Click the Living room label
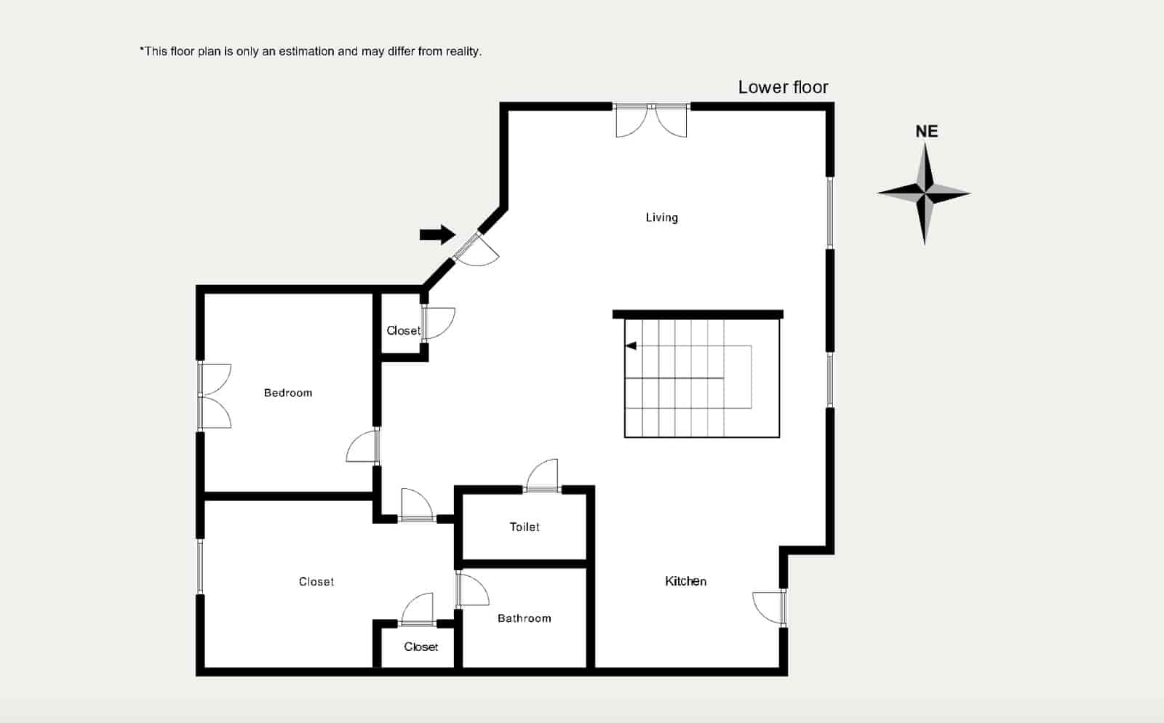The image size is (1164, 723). pyautogui.click(x=661, y=217)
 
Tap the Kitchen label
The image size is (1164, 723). pyautogui.click(x=685, y=581)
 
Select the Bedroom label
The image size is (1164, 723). pyautogui.click(x=288, y=394)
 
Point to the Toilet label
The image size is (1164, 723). pyautogui.click(x=525, y=527)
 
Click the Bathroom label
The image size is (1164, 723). pyautogui.click(x=525, y=618)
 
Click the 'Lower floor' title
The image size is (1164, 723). pyautogui.click(x=783, y=87)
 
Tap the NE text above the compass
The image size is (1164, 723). pyautogui.click(x=927, y=132)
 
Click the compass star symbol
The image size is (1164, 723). pyautogui.click(x=925, y=193)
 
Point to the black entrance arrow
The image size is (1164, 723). pyautogui.click(x=437, y=235)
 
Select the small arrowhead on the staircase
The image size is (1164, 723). pyautogui.click(x=631, y=346)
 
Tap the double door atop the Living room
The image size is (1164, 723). pyautogui.click(x=651, y=120)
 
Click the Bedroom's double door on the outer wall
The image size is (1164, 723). pyautogui.click(x=215, y=396)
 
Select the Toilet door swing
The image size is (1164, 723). pyautogui.click(x=541, y=475)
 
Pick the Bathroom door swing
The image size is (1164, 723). pyautogui.click(x=473, y=589)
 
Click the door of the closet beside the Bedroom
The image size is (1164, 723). pyautogui.click(x=439, y=323)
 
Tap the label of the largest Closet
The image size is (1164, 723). pyautogui.click(x=316, y=582)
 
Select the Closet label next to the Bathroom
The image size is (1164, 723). pyautogui.click(x=421, y=647)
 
